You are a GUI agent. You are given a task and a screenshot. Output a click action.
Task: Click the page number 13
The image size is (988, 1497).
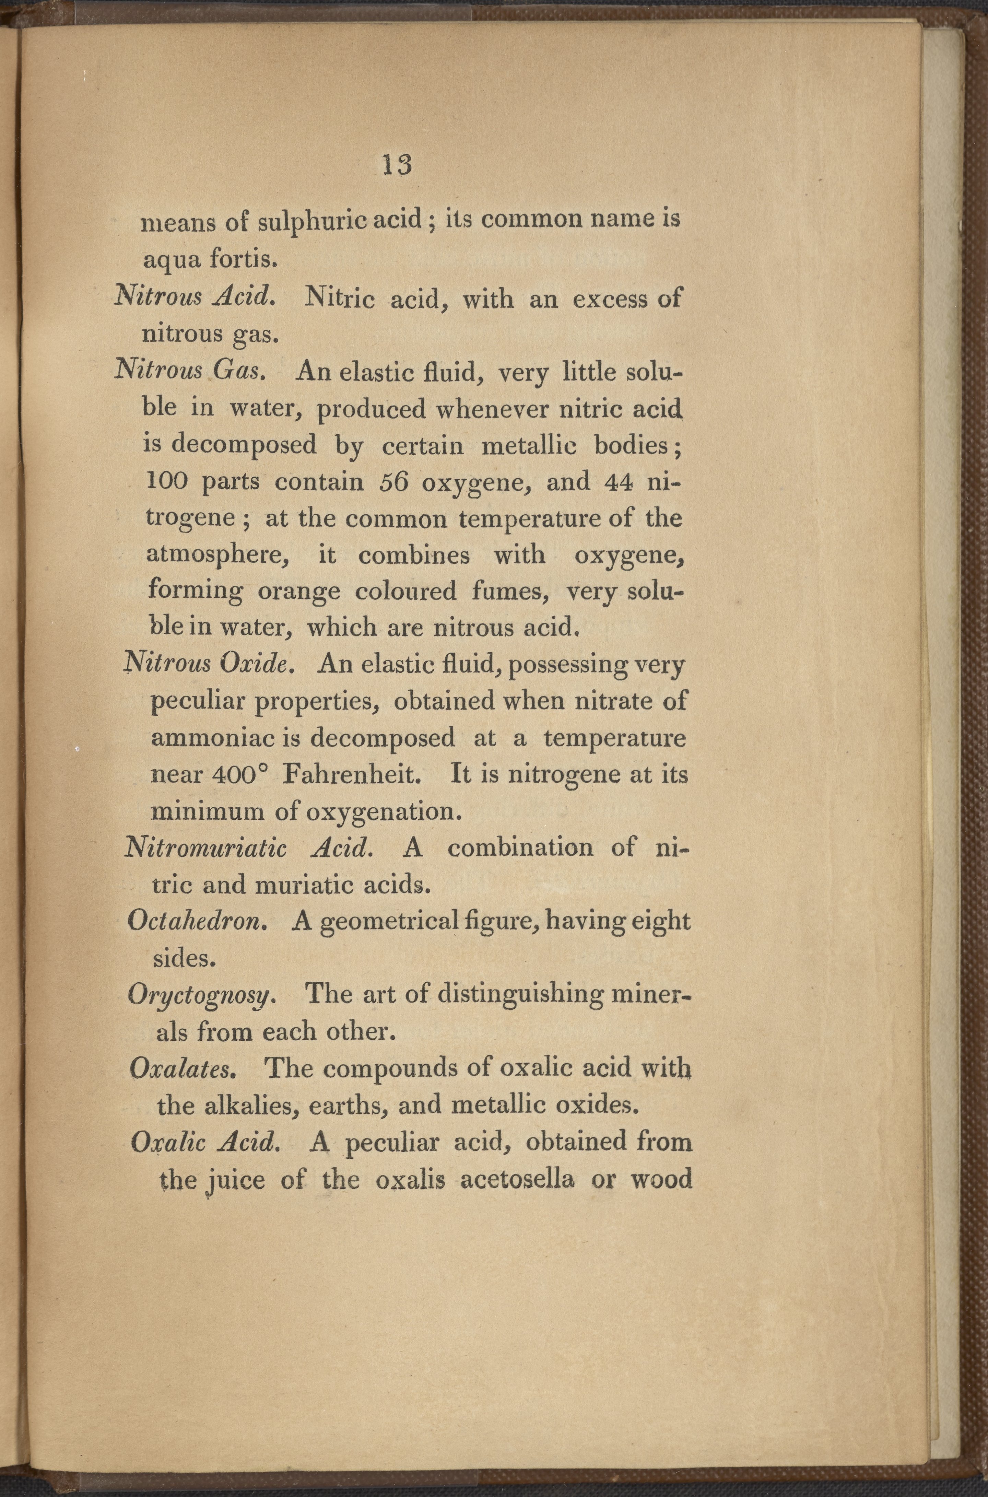click(397, 165)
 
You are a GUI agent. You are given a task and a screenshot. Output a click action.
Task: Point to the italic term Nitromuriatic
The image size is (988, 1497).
click(206, 848)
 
